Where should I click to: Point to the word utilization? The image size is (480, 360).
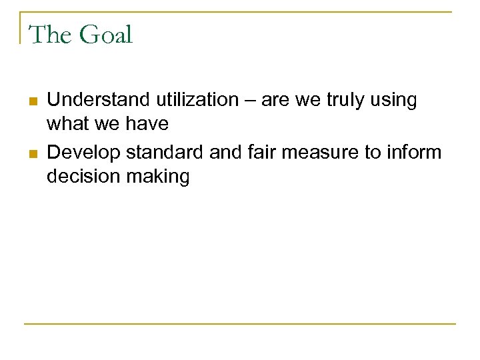tap(197, 101)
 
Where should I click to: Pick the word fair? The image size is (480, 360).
tap(263, 153)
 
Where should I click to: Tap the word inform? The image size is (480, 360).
tap(416, 153)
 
